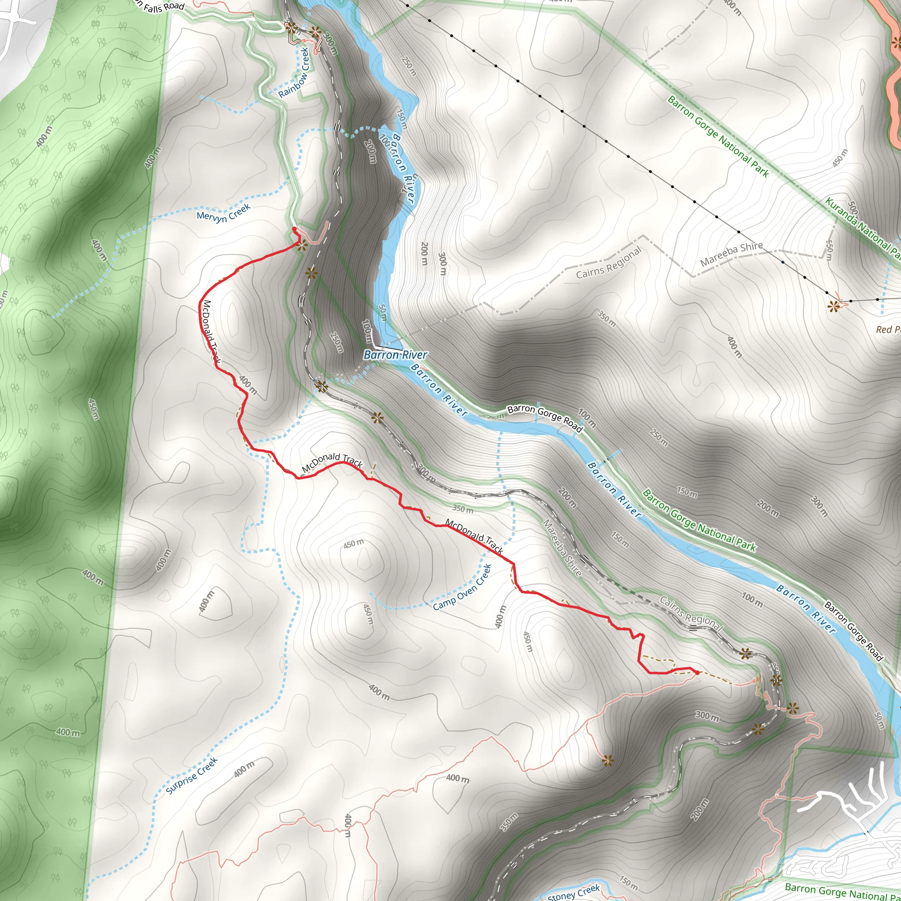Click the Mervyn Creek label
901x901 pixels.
[223, 212]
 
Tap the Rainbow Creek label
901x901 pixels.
[294, 73]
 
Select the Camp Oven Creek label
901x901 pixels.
[462, 588]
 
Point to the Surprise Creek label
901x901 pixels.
[192, 776]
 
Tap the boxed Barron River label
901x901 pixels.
[395, 355]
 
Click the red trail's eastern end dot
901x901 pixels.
[697, 673]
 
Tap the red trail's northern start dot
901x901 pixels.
[294, 228]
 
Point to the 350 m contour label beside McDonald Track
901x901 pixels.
[463, 509]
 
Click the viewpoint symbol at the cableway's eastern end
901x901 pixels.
[833, 306]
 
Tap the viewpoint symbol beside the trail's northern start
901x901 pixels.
[302, 244]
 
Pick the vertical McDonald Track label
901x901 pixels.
[211, 332]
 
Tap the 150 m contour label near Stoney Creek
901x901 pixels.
[628, 883]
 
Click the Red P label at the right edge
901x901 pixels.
[888, 329]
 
